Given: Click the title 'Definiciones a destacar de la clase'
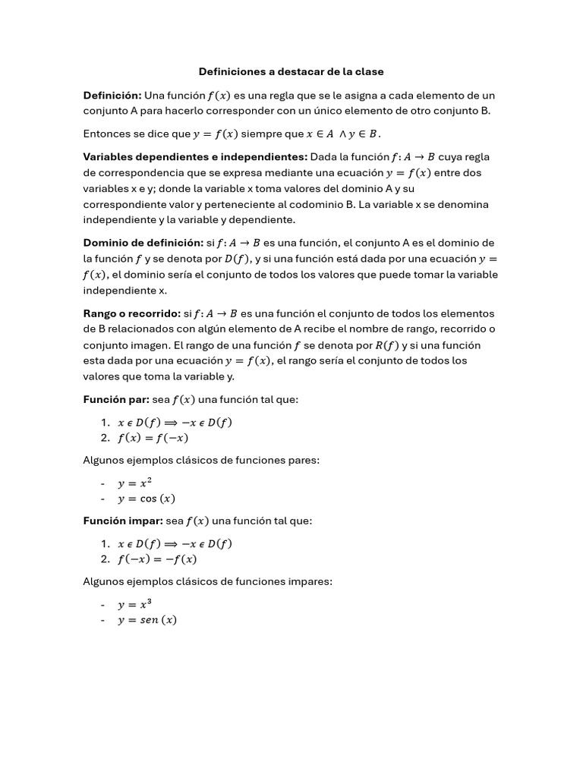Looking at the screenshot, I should tap(291, 72).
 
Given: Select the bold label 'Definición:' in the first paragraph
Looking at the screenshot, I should tap(112, 96).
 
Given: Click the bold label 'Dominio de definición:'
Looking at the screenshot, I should tap(143, 243).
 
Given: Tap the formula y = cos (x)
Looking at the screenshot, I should tap(146, 499).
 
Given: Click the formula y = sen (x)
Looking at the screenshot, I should tap(147, 620).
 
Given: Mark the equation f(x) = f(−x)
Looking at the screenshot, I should tap(153, 438).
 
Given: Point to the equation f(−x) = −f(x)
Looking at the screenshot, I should tap(156, 559).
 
